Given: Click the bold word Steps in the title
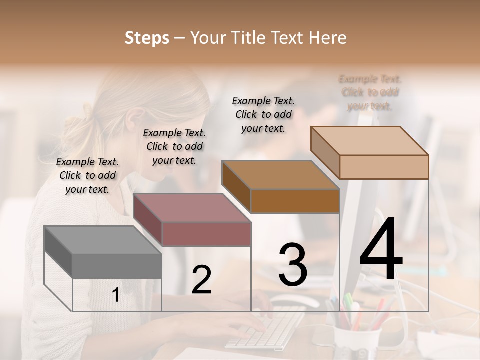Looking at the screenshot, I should coord(147,38).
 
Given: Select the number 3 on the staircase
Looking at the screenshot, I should coord(293,264).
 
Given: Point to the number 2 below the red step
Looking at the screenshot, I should coord(201,279).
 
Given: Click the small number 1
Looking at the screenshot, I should coord(115,295).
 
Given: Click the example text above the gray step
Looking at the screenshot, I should coord(87,175).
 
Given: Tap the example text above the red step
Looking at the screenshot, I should coord(174,146).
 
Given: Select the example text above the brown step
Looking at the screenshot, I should coord(263,114).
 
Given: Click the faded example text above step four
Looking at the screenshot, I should coord(370,92).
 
